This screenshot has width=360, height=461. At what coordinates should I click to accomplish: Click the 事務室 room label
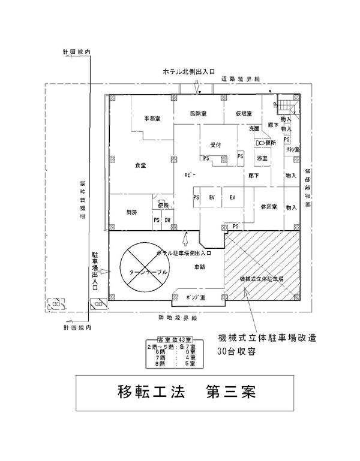pyautogui.click(x=151, y=119)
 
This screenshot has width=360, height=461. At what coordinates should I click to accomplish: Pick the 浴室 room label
pyautogui.click(x=262, y=158)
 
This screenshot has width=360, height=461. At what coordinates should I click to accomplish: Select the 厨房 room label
pyautogui.click(x=131, y=212)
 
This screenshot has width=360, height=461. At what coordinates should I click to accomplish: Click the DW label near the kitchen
pyautogui.click(x=167, y=220)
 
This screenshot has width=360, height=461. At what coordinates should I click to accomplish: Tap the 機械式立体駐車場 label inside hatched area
pyautogui.click(x=261, y=280)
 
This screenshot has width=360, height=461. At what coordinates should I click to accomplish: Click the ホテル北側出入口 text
pyautogui.click(x=189, y=71)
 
